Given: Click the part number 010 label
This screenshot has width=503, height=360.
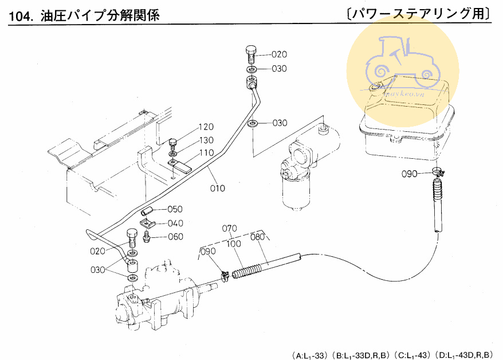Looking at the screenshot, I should (x=217, y=188).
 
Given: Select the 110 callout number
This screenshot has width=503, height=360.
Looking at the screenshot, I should (x=206, y=153).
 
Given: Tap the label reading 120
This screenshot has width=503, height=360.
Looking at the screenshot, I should (x=206, y=127).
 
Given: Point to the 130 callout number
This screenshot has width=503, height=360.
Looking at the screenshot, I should (x=206, y=140).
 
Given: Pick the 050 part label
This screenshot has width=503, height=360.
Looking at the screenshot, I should (x=175, y=209).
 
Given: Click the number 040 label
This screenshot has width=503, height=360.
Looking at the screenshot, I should (x=175, y=224).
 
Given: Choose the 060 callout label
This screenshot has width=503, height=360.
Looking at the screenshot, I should (x=175, y=237).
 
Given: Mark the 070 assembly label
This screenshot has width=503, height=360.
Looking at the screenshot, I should (x=230, y=228).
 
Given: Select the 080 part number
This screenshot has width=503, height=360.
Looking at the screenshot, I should (x=258, y=236).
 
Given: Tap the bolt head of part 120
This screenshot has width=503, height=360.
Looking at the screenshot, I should (x=174, y=142).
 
